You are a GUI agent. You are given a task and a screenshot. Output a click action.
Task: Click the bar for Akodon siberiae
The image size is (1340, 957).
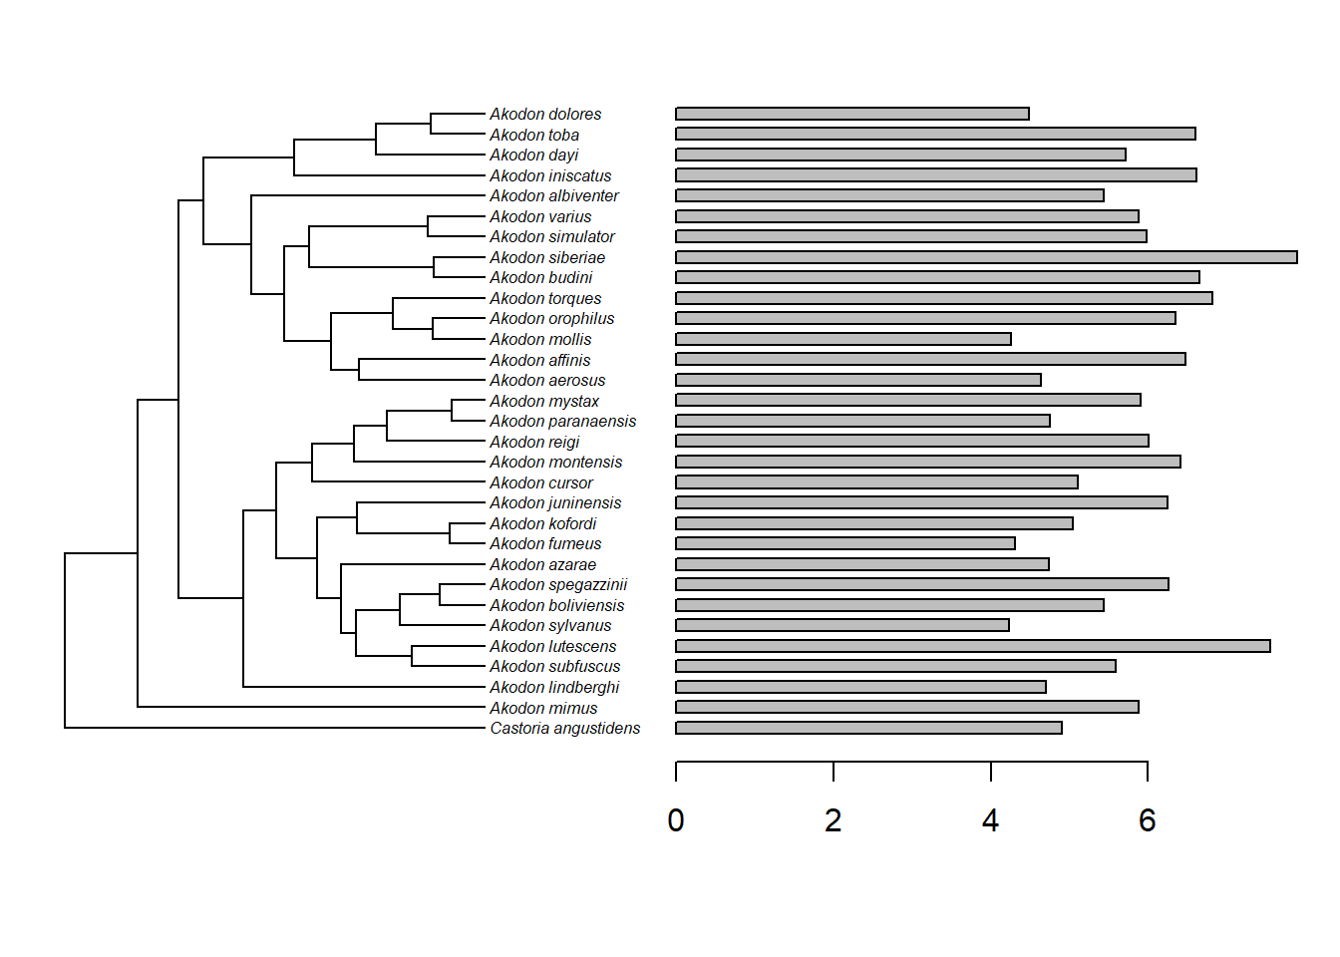point(986,257)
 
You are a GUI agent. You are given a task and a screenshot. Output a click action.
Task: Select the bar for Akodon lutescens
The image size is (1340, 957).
point(973,646)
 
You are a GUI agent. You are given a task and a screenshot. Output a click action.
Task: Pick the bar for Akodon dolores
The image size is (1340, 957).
point(852,114)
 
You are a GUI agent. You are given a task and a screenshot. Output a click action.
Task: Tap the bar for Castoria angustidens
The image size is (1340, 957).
point(868,728)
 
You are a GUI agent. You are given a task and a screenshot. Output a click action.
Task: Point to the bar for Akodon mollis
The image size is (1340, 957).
point(843,339)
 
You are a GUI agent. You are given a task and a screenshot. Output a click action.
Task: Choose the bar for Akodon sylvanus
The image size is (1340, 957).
point(842,625)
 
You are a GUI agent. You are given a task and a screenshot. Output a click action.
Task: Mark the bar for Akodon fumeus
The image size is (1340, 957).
point(845,543)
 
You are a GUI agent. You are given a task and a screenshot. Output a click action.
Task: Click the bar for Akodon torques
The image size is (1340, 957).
point(944,298)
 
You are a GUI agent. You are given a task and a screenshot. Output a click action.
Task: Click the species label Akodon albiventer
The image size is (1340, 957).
point(554,195)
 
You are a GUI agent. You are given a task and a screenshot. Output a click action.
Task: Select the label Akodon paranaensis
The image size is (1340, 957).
point(562,421)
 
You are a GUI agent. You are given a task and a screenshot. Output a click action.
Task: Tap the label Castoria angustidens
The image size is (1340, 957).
point(564,728)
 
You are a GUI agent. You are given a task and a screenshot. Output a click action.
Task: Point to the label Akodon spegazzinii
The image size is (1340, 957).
point(558,584)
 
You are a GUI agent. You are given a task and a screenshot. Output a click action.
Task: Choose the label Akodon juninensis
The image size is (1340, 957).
point(555,502)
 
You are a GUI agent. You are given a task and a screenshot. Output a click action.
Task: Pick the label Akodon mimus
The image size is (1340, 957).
point(543,708)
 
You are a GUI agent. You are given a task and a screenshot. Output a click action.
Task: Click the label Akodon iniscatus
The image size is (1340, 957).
point(550,175)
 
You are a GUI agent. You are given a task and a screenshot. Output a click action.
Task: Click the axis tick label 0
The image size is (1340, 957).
point(676,820)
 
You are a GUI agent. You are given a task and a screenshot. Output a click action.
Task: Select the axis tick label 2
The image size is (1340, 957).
point(834,820)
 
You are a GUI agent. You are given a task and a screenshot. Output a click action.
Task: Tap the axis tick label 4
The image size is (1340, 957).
point(990,820)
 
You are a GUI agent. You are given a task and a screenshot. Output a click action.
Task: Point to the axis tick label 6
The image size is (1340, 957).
point(1148,820)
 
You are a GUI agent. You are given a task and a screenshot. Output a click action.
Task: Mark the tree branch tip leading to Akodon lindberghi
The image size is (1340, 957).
point(479,687)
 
